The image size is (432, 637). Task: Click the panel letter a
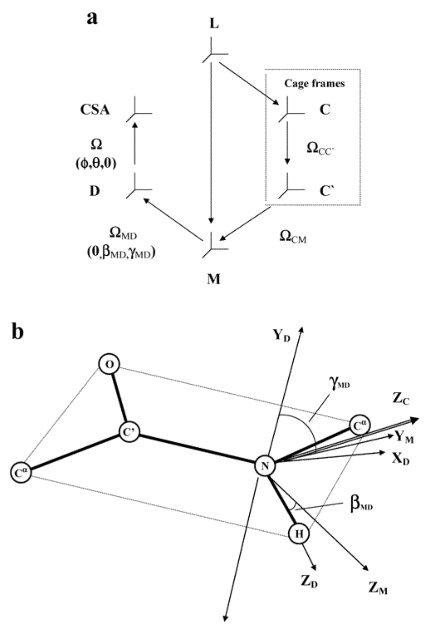[92, 18]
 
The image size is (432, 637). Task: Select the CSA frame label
[95, 110]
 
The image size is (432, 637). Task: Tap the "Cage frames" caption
[314, 83]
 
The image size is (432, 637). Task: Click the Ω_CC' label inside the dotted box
[320, 148]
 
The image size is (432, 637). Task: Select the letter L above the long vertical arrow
[214, 24]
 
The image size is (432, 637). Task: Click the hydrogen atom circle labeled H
[299, 534]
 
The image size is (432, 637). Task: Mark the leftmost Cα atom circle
[21, 474]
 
